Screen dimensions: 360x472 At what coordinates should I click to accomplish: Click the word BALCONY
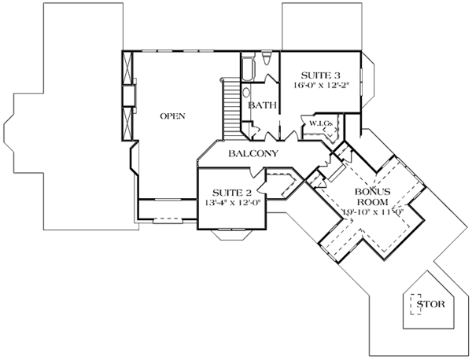pos(252,153)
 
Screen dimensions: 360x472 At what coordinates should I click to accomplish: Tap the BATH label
pos(260,105)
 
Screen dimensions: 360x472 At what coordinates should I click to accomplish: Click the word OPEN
pos(172,116)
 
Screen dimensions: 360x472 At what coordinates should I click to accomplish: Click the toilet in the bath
pos(267,60)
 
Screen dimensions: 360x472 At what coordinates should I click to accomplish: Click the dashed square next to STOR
pos(413,303)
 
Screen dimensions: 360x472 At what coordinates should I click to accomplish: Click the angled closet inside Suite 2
pos(279,186)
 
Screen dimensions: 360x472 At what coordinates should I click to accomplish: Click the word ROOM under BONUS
pos(367,201)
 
